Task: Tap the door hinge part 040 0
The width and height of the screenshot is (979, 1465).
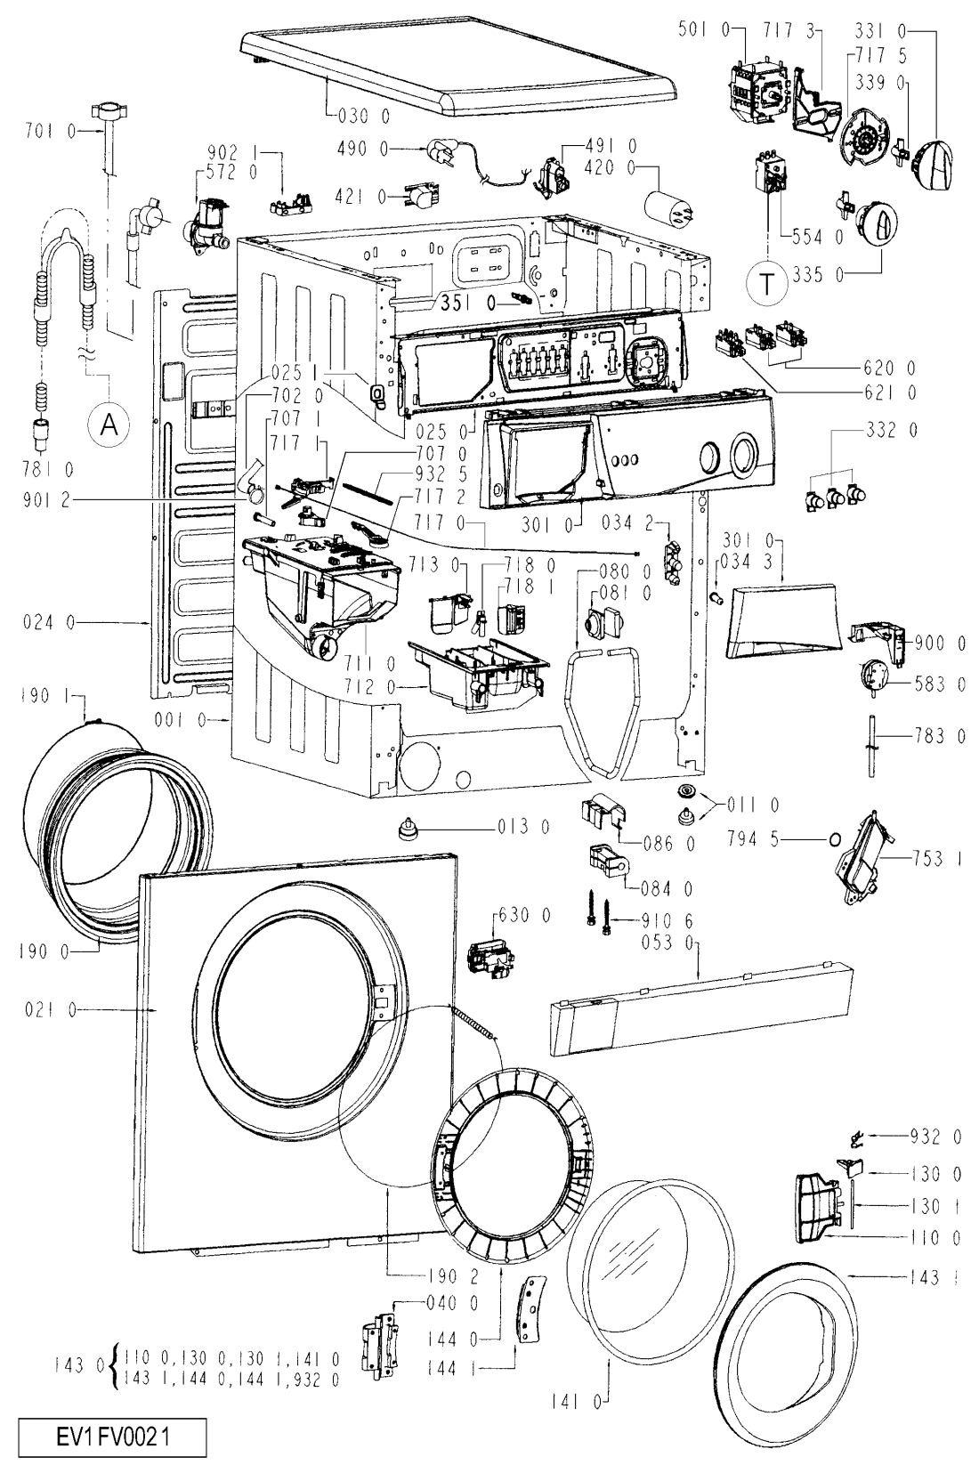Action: point(377,1341)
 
